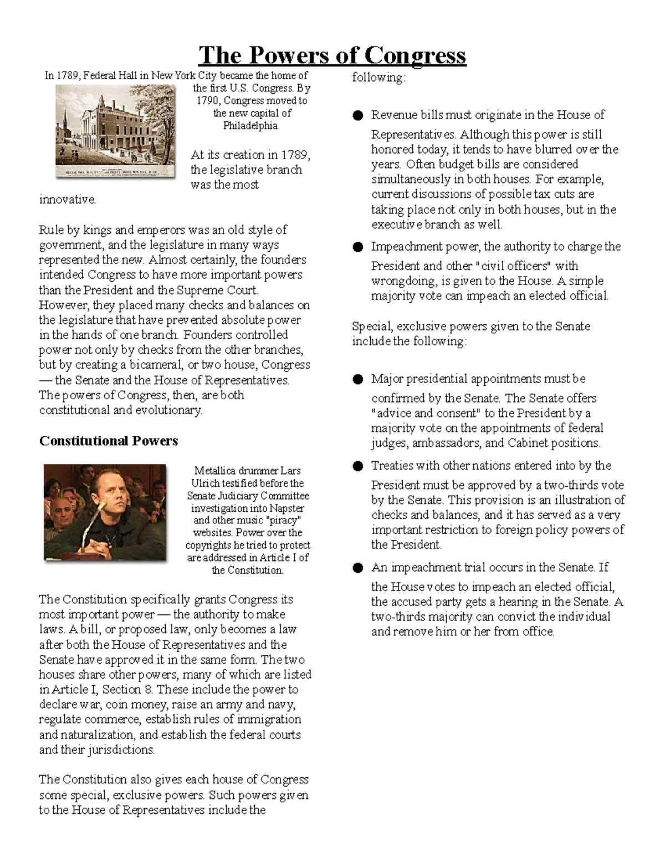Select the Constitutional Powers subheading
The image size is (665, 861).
coord(109,441)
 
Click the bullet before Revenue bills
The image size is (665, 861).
coord(358,115)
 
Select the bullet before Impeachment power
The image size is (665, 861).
coord(358,247)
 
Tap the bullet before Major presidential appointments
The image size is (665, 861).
coord(358,379)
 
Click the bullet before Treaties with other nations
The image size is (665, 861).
coord(358,466)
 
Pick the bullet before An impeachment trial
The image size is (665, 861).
coord(358,568)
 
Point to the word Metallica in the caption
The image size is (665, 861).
coord(213,471)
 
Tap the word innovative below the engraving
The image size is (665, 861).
coord(67,200)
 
